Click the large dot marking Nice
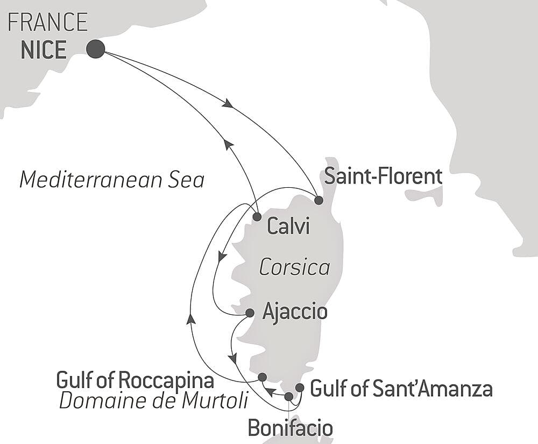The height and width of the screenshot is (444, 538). pos(95,49)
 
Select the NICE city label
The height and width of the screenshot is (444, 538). pos(44,50)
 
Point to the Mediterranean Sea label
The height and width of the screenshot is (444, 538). pos(112,180)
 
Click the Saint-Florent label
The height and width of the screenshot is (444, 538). pos(384,177)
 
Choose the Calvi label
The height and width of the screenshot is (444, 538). pos(288,227)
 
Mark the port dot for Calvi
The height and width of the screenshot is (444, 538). pos(257,217)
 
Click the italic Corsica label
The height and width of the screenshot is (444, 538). pos(294,267)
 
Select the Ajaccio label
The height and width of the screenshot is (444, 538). pos(294,312)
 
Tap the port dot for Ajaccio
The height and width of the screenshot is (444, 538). pos(250,313)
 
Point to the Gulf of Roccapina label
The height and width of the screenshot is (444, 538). pos(135,381)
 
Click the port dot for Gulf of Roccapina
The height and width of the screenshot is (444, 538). pos(262,377)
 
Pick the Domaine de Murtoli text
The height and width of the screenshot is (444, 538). pos(154,400)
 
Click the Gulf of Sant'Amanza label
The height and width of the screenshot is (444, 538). pos(401,388)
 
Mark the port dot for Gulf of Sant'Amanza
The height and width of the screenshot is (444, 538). pos(300,387)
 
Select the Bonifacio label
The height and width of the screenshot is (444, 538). pos(289,428)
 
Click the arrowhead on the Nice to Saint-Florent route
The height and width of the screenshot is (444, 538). pos(228,103)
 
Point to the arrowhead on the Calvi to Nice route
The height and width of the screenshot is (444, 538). pos(228,144)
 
